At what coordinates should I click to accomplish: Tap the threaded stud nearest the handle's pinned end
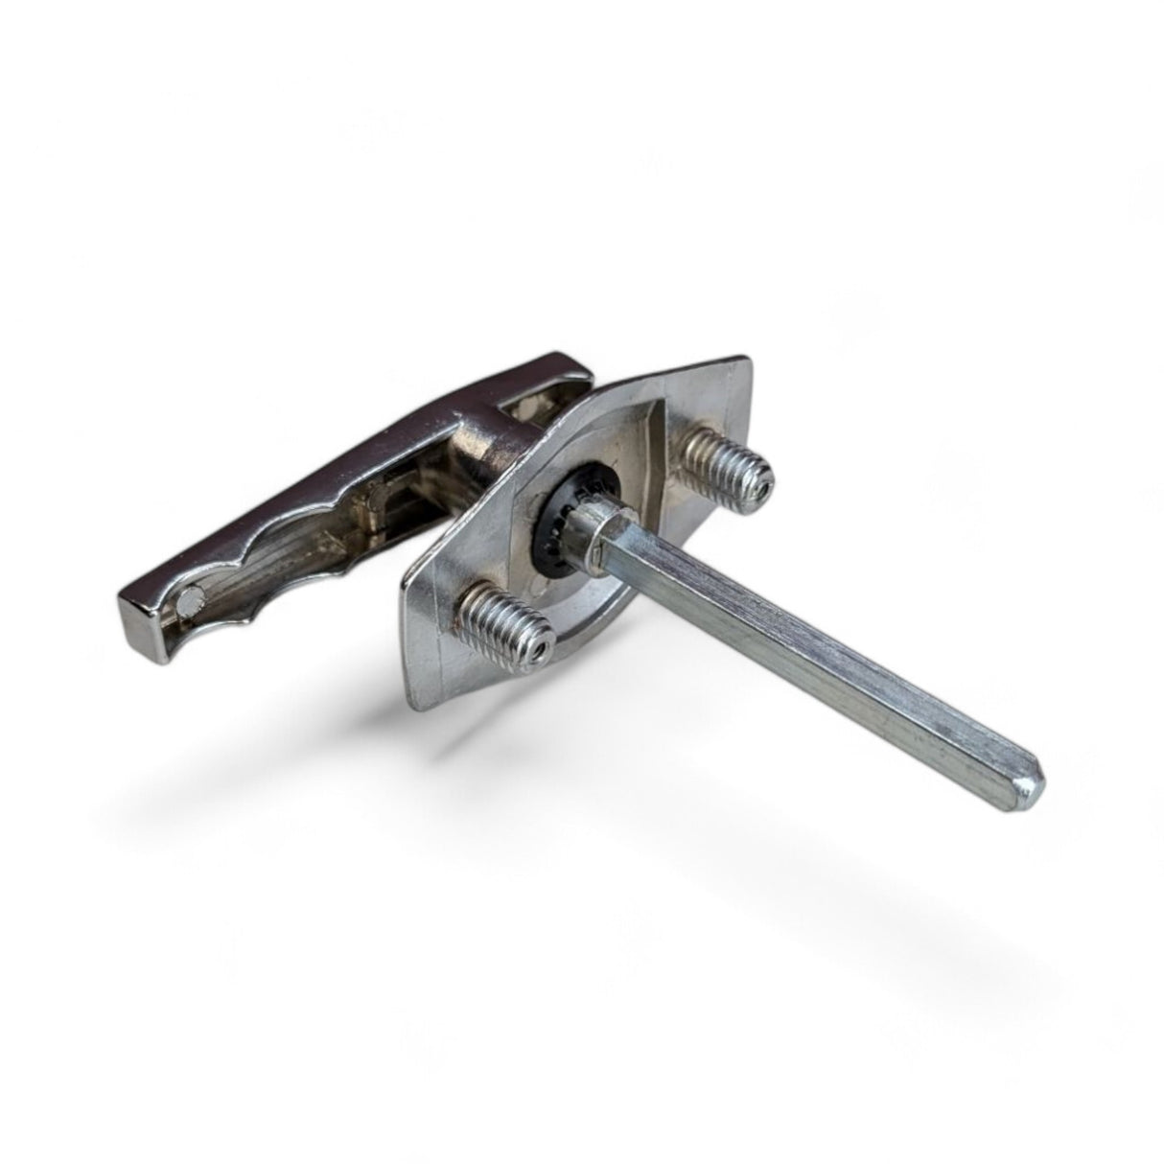click(x=506, y=622)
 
